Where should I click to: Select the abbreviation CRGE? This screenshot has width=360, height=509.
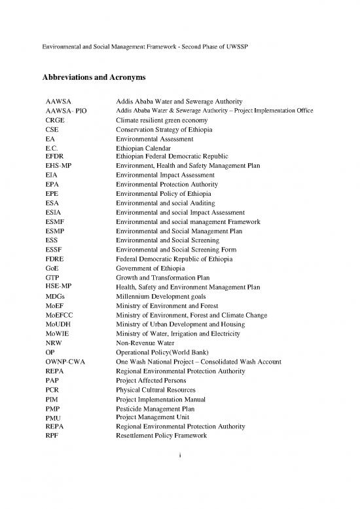coord(55,121)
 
